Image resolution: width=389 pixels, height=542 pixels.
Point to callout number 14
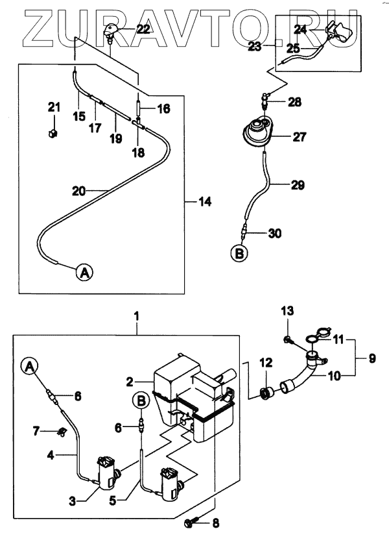(x=205, y=203)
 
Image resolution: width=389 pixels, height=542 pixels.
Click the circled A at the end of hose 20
(x=84, y=273)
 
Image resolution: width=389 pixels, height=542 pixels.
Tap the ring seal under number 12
(x=265, y=393)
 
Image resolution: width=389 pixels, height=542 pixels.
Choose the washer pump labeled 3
(x=105, y=472)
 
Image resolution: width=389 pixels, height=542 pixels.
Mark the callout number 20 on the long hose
(x=78, y=191)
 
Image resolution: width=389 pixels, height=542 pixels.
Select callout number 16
(x=163, y=108)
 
